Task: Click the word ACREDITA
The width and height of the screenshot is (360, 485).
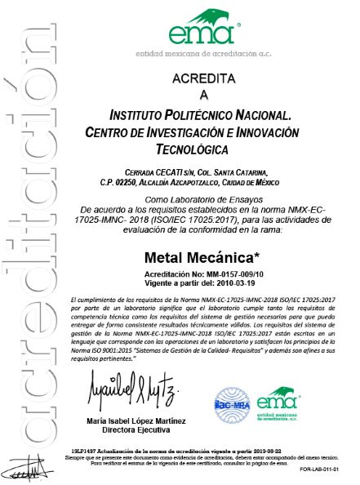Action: click(203, 78)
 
